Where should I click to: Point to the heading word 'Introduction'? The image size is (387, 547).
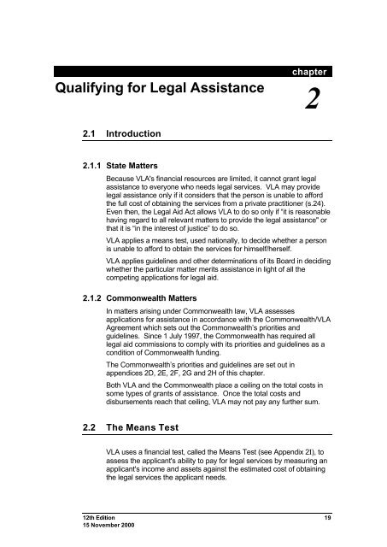coord(139,135)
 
